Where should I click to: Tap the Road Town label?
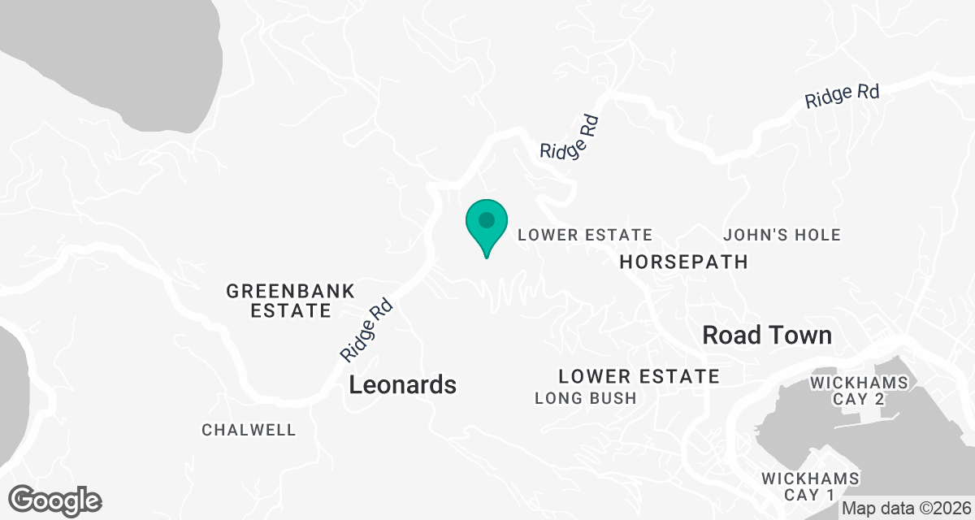tap(766, 335)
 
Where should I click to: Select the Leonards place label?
tap(402, 385)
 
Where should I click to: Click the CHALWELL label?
tap(249, 430)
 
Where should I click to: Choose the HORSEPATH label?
tap(682, 262)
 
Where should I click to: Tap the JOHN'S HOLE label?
tap(782, 235)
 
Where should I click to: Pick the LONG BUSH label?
tap(585, 398)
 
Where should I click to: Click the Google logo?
tap(56, 500)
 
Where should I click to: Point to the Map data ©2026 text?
tap(907, 509)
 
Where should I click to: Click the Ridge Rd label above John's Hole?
tap(843, 96)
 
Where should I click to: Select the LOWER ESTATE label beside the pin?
tap(585, 235)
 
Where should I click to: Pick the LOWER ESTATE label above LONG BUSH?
tap(639, 376)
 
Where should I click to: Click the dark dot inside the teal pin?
tap(487, 219)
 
